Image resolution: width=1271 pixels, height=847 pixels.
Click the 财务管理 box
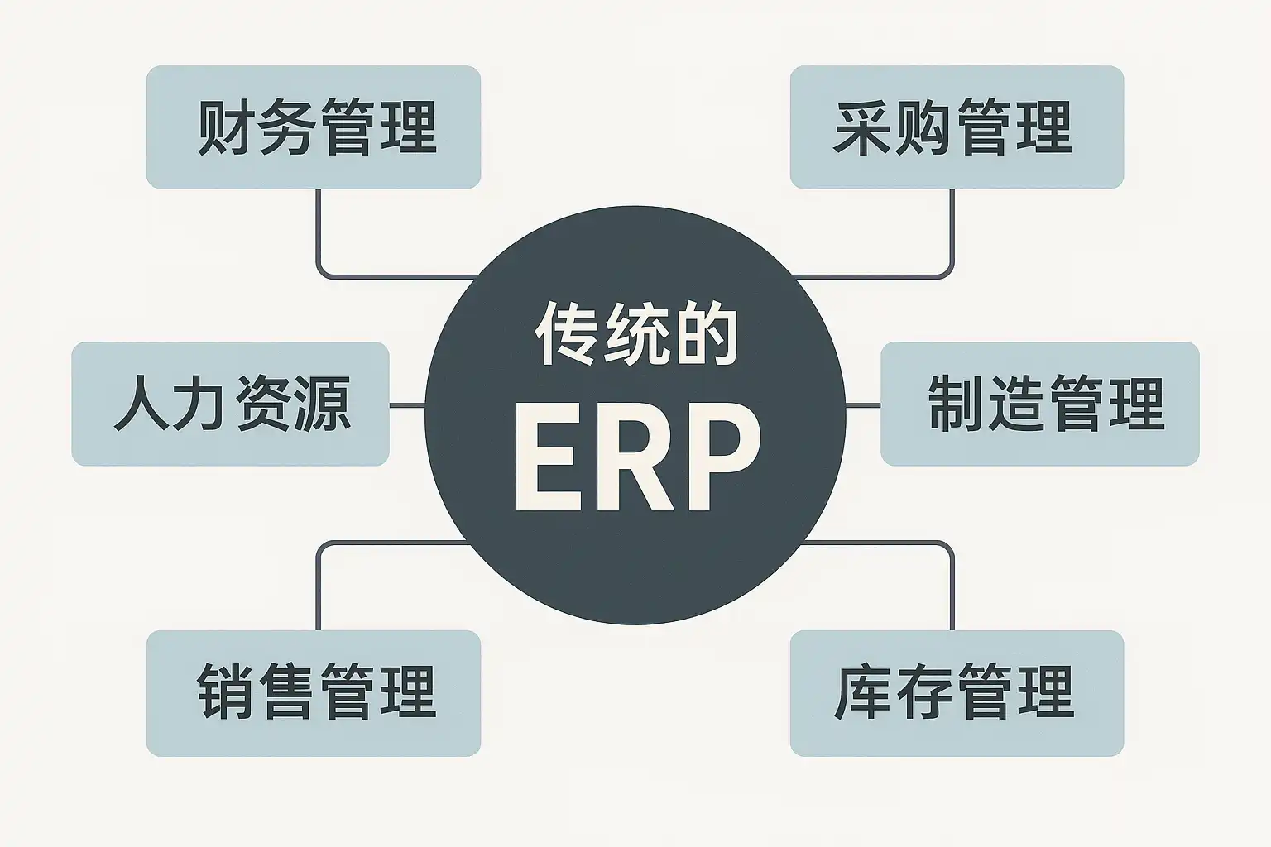click(314, 127)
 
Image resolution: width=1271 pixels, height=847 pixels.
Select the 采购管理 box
click(957, 127)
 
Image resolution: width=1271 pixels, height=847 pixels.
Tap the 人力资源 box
click(230, 404)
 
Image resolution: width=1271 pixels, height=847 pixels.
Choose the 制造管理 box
click(1039, 404)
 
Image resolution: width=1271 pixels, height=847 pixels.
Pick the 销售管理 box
click(314, 693)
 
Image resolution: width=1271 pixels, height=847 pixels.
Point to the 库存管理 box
click(957, 693)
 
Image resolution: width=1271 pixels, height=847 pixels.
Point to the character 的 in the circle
click(705, 333)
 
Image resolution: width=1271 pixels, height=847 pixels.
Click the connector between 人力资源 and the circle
click(406, 405)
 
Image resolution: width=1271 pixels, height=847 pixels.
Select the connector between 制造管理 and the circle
click(863, 405)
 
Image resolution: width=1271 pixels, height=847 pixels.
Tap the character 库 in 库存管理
click(862, 693)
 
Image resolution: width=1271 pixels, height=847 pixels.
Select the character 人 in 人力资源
click(139, 404)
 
